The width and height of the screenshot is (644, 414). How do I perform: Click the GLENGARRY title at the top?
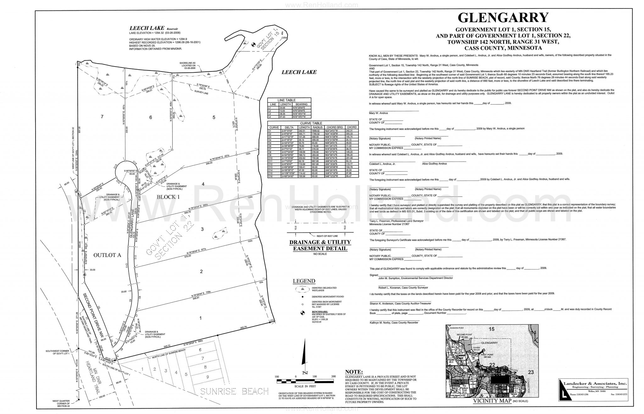(x=503, y=18)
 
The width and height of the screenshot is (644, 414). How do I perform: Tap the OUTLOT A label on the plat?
(x=107, y=255)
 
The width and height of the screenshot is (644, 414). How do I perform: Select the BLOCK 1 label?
(x=168, y=197)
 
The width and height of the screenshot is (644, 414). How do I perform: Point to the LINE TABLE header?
(x=289, y=100)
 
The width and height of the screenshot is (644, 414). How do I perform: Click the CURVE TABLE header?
(x=313, y=123)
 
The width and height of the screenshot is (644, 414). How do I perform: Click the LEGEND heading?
(x=304, y=281)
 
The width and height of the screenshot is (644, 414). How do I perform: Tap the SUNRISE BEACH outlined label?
(x=235, y=391)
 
